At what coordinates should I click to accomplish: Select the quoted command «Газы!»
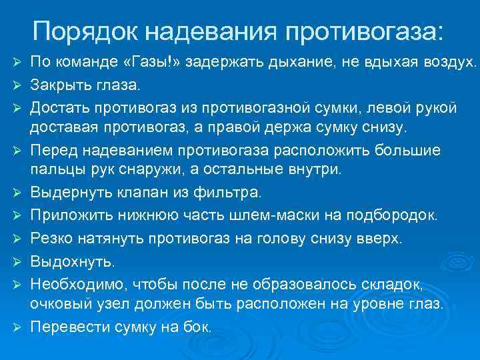(x=151, y=63)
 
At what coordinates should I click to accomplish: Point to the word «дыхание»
(x=296, y=63)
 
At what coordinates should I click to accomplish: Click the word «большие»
(x=405, y=150)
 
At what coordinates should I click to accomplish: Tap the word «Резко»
(x=51, y=238)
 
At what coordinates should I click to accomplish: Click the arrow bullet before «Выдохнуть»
(x=18, y=261)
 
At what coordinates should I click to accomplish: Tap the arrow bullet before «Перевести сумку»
(x=18, y=327)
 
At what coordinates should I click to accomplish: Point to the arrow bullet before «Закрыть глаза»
(x=18, y=86)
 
